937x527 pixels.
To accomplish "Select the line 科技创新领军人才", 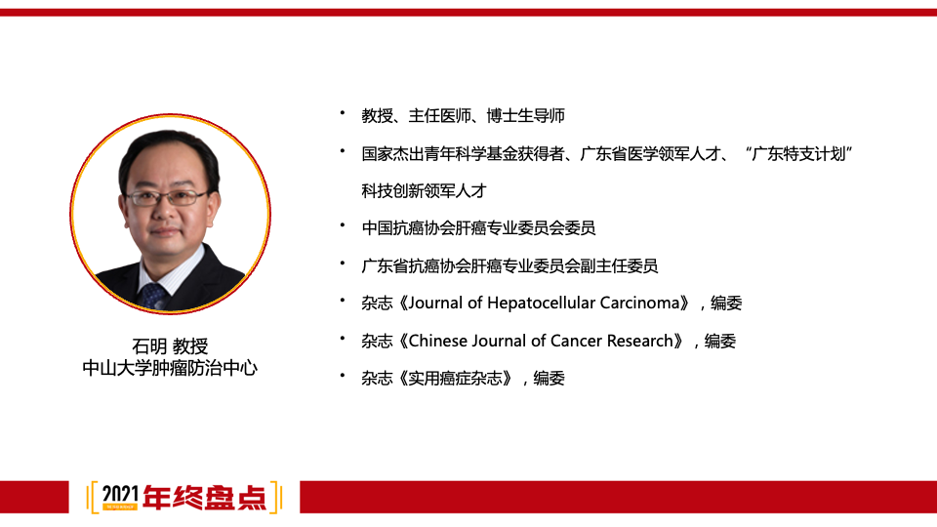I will tap(424, 191).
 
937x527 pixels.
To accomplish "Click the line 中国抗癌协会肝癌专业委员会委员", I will tap(478, 228).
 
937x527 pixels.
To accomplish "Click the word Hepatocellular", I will tap(541, 303).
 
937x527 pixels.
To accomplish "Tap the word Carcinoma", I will tap(639, 303).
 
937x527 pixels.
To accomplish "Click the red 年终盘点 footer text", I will tap(204, 497).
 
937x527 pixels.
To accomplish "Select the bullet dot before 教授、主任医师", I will tap(343, 114).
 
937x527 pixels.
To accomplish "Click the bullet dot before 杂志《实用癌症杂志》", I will tap(343, 377).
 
